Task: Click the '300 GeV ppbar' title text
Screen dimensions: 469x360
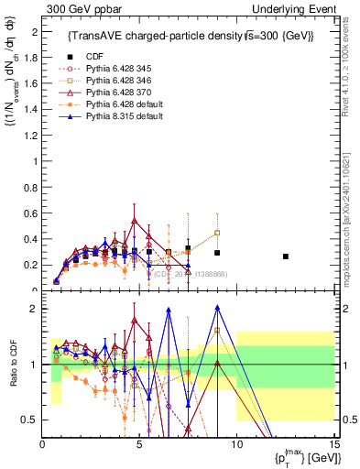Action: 81,8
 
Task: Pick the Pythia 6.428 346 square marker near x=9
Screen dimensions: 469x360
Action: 217,233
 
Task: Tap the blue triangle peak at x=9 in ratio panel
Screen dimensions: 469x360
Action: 217,308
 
